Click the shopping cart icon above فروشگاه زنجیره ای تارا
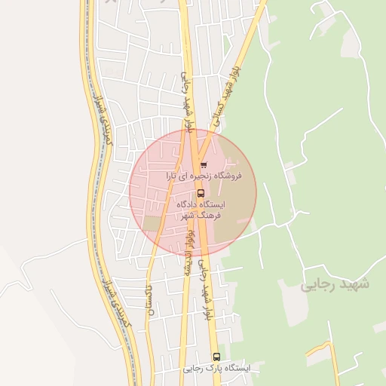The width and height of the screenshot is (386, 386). (204, 164)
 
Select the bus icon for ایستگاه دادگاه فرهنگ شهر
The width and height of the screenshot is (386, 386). (200, 192)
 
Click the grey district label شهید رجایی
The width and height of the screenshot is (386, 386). (335, 284)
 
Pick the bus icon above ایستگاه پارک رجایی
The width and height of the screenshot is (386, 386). (217, 357)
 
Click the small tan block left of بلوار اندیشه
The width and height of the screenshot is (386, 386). (153, 224)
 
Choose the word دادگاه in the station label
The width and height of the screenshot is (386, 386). (190, 204)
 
